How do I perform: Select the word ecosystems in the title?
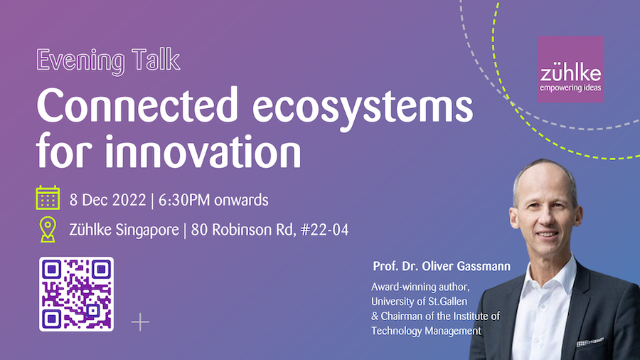(363, 107)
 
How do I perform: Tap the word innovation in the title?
(203, 150)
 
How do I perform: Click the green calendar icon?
(48, 198)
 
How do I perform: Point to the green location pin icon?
(48, 229)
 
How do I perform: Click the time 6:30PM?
(184, 200)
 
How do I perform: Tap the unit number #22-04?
(324, 229)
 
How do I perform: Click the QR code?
(76, 294)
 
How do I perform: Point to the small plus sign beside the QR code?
(140, 322)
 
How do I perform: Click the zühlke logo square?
(570, 69)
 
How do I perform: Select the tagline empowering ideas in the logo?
(570, 88)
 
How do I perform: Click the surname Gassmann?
(484, 266)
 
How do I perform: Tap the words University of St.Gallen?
(419, 302)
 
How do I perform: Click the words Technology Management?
(426, 331)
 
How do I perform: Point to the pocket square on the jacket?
(589, 342)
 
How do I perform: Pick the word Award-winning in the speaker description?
(404, 287)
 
